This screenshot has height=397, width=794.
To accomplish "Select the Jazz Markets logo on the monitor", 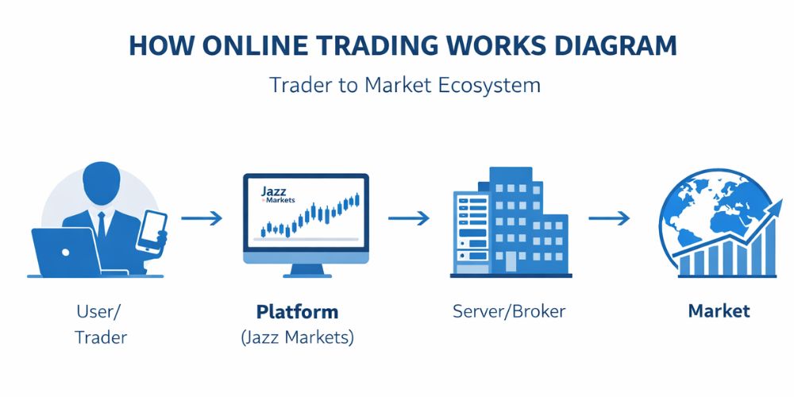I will (x=276, y=195).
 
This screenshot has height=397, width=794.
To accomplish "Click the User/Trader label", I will (x=101, y=324).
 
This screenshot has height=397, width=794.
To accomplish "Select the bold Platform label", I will (x=297, y=311).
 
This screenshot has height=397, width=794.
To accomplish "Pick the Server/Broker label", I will (x=509, y=311).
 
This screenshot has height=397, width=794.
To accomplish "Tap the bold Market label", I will (x=719, y=311).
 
